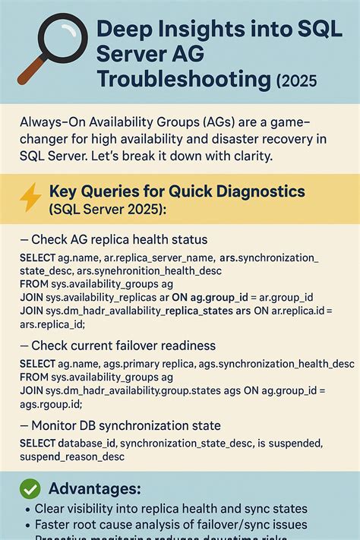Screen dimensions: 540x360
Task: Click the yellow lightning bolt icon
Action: point(30,198)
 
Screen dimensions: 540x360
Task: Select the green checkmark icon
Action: point(30,488)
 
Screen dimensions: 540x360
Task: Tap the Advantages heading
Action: point(95,488)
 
